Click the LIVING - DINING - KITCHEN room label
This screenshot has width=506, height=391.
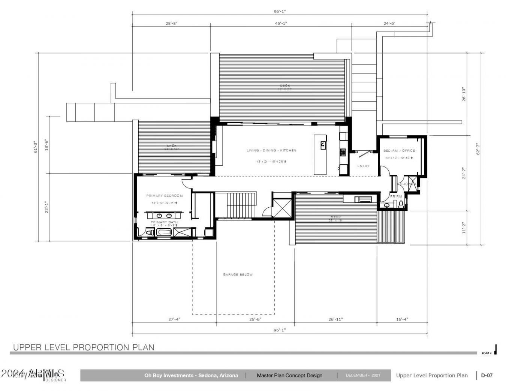271,150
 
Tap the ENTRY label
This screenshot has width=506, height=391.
363,166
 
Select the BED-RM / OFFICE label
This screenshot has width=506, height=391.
399,151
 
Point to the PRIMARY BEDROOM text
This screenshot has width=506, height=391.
165,196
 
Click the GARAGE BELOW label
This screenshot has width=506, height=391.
238,274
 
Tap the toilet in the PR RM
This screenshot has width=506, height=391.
401,204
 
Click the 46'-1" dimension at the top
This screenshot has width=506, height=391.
281,23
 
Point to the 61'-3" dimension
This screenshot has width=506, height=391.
36,147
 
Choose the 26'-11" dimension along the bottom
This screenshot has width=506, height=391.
335,319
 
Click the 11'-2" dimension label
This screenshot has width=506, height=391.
464,228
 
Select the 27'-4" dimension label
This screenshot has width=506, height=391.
174,319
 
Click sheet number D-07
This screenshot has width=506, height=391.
487,375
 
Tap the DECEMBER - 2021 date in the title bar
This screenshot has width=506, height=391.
363,375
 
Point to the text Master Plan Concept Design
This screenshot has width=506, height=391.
289,375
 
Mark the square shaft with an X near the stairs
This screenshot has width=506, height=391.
282,208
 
